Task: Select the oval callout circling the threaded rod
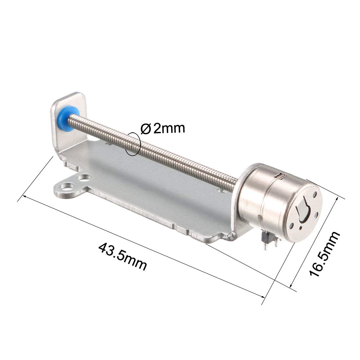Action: (x=134, y=144)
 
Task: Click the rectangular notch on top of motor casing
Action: (x=280, y=177)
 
